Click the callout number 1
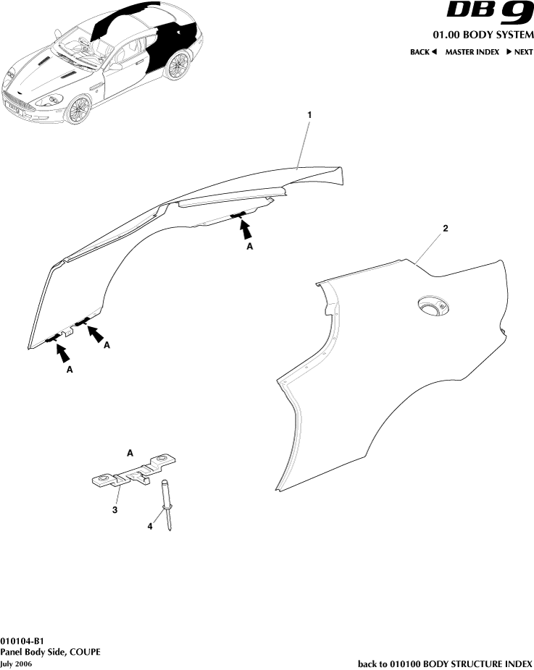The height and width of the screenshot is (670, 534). [310, 115]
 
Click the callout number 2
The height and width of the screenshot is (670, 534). [446, 228]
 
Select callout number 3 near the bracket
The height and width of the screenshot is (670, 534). [114, 510]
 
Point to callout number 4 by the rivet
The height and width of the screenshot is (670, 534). [151, 527]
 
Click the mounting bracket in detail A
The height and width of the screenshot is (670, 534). [135, 474]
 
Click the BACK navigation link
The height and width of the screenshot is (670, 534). [423, 52]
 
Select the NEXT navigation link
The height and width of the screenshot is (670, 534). [520, 52]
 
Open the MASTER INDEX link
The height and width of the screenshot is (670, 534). [472, 52]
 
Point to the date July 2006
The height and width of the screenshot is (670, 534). [16, 663]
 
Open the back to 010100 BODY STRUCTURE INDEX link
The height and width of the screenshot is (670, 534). [445, 663]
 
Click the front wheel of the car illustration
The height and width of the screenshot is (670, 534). [78, 110]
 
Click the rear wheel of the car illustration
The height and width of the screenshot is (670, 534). [176, 66]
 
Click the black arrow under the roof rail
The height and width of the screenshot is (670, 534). [247, 229]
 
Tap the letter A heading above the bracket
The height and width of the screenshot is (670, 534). [130, 452]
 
